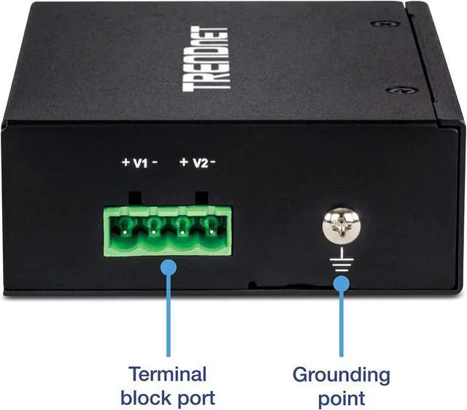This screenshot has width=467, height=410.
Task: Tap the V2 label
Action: [x=199, y=162]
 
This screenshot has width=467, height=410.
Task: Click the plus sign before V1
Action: [x=125, y=162]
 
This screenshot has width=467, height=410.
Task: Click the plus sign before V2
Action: [x=184, y=162]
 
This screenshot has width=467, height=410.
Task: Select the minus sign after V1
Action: [x=155, y=162]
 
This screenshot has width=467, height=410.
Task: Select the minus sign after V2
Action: [x=215, y=162]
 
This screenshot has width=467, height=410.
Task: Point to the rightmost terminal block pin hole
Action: [x=213, y=229]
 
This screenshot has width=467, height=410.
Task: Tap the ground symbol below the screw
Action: [x=340, y=260]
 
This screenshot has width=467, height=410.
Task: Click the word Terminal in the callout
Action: [x=168, y=375]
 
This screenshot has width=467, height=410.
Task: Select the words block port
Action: [x=168, y=398]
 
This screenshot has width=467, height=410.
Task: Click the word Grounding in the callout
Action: [x=341, y=375]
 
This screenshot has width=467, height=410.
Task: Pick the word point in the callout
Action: [x=341, y=398]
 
